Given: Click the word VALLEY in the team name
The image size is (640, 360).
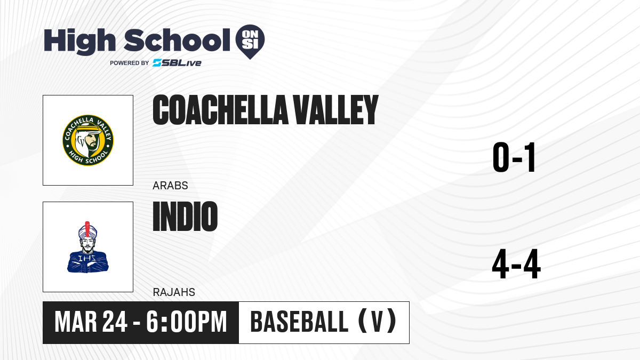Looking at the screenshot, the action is click(x=336, y=110).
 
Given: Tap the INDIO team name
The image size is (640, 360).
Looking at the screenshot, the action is click(x=185, y=217).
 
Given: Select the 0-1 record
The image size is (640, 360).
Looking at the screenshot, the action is click(x=514, y=157).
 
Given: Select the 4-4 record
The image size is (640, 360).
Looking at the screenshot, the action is click(x=516, y=264).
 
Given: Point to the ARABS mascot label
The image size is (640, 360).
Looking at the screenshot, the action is click(x=170, y=186).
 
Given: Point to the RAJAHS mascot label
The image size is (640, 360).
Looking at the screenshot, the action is click(x=174, y=292).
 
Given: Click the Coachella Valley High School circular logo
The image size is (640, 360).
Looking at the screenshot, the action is click(x=88, y=140).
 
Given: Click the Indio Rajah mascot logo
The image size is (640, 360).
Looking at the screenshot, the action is click(x=88, y=247).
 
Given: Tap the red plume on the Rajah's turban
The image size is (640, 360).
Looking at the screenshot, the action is click(x=87, y=229).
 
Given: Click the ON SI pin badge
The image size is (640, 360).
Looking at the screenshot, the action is click(x=250, y=42).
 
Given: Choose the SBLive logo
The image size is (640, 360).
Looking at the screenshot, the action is click(x=177, y=62).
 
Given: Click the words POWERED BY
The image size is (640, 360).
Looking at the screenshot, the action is click(x=130, y=63).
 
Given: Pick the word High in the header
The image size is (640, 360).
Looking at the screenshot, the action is click(x=79, y=42).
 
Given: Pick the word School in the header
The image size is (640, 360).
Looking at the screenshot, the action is click(x=177, y=40).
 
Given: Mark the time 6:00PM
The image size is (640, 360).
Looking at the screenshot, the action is click(x=187, y=322).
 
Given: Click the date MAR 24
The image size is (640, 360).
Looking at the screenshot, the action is click(x=91, y=322).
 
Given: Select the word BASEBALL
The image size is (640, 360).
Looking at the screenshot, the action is click(x=299, y=322).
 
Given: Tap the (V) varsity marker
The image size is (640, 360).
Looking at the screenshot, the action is click(x=377, y=322).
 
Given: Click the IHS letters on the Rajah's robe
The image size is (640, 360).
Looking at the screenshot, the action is click(x=87, y=259).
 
